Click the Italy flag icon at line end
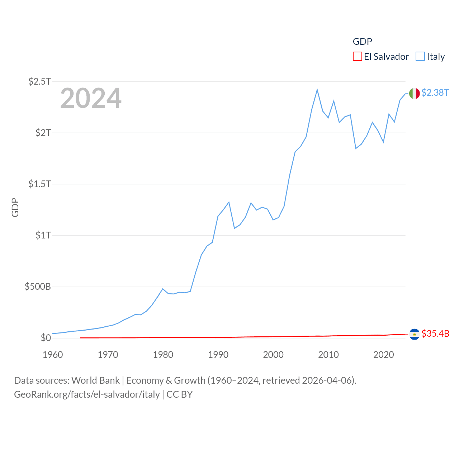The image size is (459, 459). (414, 93)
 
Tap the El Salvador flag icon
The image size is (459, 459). (414, 334)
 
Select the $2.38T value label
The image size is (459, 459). (435, 93)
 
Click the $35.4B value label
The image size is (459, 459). (435, 333)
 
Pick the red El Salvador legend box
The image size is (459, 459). (357, 57)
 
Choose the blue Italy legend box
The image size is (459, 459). (420, 57)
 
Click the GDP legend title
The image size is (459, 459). (362, 42)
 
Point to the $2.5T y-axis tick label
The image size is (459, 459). (39, 81)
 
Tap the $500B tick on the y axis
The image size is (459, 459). (38, 287)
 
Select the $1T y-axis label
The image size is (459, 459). (43, 235)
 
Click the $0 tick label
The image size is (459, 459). (46, 338)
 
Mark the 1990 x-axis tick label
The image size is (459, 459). (218, 355)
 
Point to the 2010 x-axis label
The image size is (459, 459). (328, 355)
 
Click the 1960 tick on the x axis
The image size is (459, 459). (53, 355)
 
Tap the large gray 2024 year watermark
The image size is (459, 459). (91, 98)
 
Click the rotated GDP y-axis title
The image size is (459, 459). (15, 207)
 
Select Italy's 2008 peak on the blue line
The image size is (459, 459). (317, 90)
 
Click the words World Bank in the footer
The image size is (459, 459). (95, 380)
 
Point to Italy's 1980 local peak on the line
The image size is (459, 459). (163, 289)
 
